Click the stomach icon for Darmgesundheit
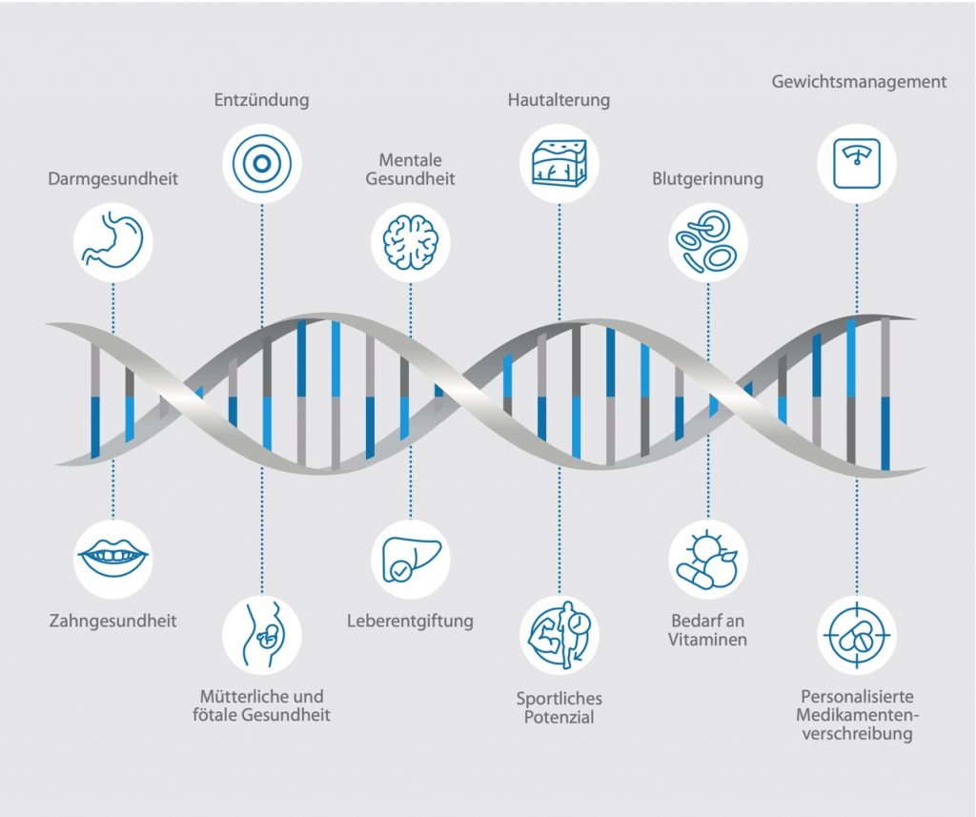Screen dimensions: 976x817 click(x=112, y=241)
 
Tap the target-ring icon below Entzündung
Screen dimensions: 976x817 click(x=261, y=163)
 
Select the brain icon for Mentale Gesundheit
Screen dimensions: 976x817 click(x=410, y=241)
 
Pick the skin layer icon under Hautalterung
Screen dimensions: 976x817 click(x=559, y=163)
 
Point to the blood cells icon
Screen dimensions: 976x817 click(x=708, y=241)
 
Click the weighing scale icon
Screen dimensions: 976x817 click(x=857, y=163)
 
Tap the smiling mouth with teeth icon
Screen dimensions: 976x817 click(x=112, y=559)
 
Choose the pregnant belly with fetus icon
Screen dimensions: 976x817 click(x=261, y=635)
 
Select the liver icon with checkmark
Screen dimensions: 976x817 click(x=410, y=559)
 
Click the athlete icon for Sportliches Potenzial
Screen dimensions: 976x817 click(x=559, y=635)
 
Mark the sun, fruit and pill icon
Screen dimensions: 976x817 click(x=708, y=559)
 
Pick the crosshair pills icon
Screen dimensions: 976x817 click(x=857, y=635)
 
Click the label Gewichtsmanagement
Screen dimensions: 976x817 click(x=859, y=82)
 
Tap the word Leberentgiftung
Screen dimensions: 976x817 click(x=410, y=621)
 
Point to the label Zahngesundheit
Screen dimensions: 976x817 click(x=112, y=621)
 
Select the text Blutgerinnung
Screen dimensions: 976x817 click(x=708, y=179)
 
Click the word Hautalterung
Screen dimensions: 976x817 click(x=559, y=100)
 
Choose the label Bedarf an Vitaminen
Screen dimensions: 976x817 click(x=708, y=630)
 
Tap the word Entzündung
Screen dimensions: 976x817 click(x=261, y=100)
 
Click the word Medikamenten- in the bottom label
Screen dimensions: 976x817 click(x=857, y=715)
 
